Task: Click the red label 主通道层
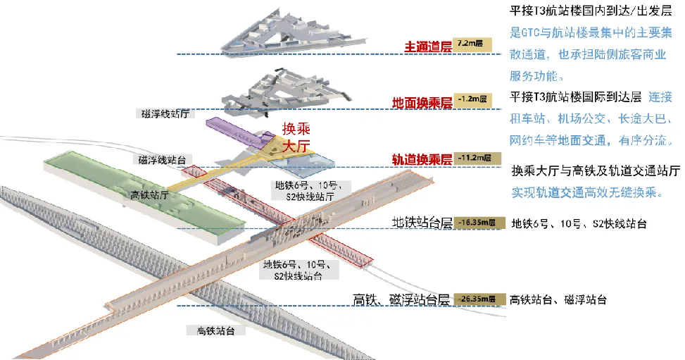[x=427, y=47]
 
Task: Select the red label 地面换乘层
[x=422, y=103]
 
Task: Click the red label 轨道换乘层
[x=422, y=160]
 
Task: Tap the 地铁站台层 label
[x=421, y=223]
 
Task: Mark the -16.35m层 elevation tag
[x=479, y=223]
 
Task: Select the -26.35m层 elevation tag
[x=479, y=299]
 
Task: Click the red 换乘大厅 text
[x=296, y=138]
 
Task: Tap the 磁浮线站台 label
[x=166, y=160]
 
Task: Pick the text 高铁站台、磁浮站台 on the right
[x=558, y=299]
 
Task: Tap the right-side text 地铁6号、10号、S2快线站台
[x=579, y=224]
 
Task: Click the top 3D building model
[x=289, y=32]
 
